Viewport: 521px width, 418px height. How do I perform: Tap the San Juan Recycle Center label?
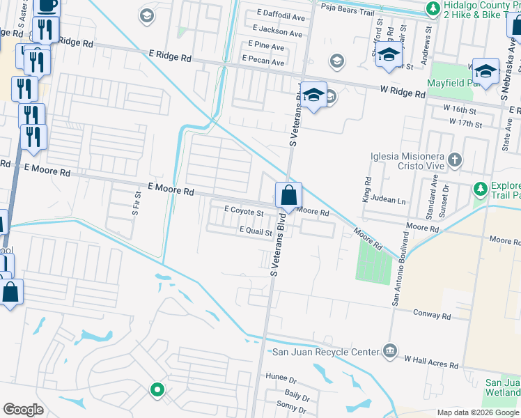tap(325, 352)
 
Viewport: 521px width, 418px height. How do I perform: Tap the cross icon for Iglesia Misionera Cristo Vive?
tap(454, 161)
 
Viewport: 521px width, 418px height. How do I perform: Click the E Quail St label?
tap(255, 231)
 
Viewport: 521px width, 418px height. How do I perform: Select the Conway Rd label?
tap(431, 316)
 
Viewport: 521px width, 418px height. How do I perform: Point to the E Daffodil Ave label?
tap(281, 14)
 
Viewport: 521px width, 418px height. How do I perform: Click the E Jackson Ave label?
tap(279, 32)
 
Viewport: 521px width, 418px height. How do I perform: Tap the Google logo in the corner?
tap(24, 409)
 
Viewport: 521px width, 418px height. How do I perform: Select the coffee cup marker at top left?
tap(47, 6)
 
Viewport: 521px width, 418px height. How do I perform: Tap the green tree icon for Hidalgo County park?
tap(433, 8)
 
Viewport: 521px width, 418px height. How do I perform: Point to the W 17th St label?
tap(466, 123)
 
